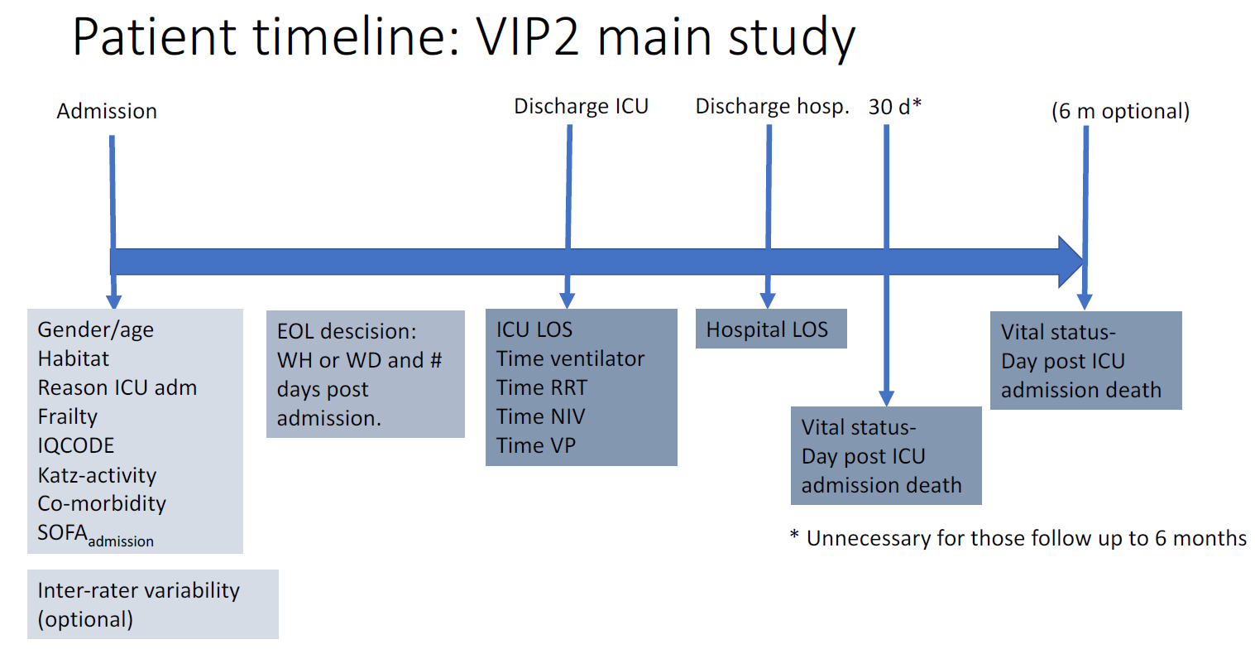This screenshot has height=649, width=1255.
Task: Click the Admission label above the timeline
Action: click(x=107, y=111)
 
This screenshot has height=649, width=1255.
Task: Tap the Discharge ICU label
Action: click(x=581, y=106)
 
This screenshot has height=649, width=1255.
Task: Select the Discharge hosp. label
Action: click(x=772, y=106)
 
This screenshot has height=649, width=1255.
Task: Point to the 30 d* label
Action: click(x=895, y=106)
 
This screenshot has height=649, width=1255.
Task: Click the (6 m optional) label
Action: click(x=1120, y=111)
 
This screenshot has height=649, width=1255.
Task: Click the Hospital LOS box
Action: click(x=771, y=329)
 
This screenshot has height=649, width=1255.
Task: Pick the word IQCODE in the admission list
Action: click(x=75, y=445)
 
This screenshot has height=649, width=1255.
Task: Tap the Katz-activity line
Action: click(x=97, y=475)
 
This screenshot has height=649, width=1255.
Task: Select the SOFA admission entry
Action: click(x=95, y=535)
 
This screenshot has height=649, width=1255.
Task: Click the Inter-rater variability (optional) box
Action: click(x=153, y=604)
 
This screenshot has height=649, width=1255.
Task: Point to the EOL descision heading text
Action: click(x=347, y=331)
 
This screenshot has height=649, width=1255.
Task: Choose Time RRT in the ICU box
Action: click(x=542, y=387)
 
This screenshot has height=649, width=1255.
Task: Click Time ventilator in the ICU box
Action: click(x=570, y=358)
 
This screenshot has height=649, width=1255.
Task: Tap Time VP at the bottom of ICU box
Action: click(x=535, y=445)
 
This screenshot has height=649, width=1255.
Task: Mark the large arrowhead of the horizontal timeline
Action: click(x=1071, y=262)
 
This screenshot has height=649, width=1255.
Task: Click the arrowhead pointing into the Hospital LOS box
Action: click(x=768, y=300)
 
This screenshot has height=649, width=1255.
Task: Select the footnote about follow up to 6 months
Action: click(x=1018, y=538)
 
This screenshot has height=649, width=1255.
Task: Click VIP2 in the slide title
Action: click(x=527, y=37)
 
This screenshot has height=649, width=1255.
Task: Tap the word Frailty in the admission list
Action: click(x=67, y=417)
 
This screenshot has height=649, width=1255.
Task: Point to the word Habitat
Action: click(x=74, y=358)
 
